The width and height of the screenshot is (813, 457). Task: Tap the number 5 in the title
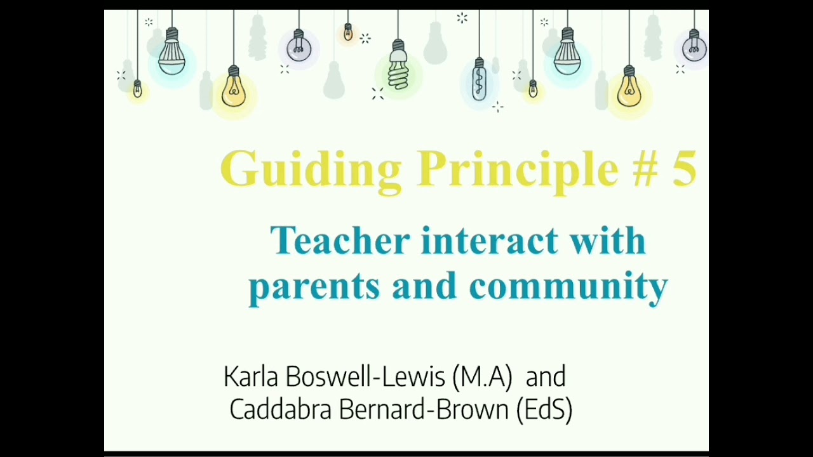point(684,169)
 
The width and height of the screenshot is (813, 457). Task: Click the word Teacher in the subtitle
point(341,241)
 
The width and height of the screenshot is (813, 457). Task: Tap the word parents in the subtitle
point(314,286)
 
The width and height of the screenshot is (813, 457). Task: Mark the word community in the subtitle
point(568,286)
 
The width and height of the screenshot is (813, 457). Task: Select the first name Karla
point(252,377)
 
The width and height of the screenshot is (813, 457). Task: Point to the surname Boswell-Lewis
point(365,377)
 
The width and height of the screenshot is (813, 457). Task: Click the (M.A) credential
point(482,377)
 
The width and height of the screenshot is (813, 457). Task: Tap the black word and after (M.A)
point(546,377)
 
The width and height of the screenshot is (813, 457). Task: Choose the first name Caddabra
point(280,409)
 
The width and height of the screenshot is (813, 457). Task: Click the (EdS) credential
point(544,409)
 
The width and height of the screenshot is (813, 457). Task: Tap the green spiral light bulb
point(398,67)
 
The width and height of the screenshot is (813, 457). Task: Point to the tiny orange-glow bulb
point(347,32)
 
